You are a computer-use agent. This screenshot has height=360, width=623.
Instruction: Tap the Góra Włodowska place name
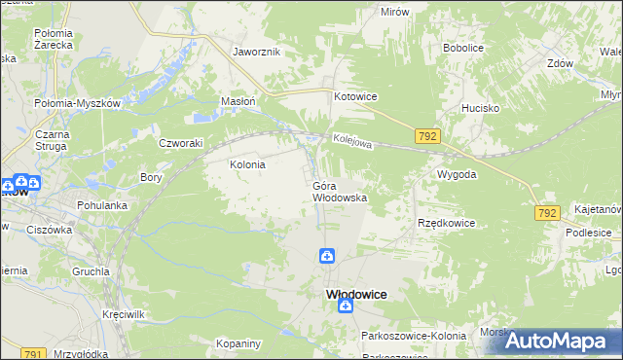pos(339,191)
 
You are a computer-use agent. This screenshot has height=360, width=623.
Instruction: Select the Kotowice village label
pos(355,97)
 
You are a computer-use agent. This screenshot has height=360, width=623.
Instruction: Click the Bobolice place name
pos(463,47)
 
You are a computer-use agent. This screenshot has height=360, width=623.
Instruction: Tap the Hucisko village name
pos(480,109)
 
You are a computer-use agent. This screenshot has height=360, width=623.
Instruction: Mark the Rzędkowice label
pos(446,223)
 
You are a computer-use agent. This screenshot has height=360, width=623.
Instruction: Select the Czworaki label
pos(180,142)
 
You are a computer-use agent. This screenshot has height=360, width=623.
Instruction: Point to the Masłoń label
pos(238,101)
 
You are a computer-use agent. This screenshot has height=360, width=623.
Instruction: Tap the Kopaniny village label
pos(239,344)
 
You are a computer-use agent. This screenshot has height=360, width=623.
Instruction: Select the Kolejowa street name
pos(351,142)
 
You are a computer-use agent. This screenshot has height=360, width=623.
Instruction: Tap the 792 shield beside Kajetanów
pos(547,212)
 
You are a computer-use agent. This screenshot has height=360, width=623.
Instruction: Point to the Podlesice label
pos(593,234)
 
